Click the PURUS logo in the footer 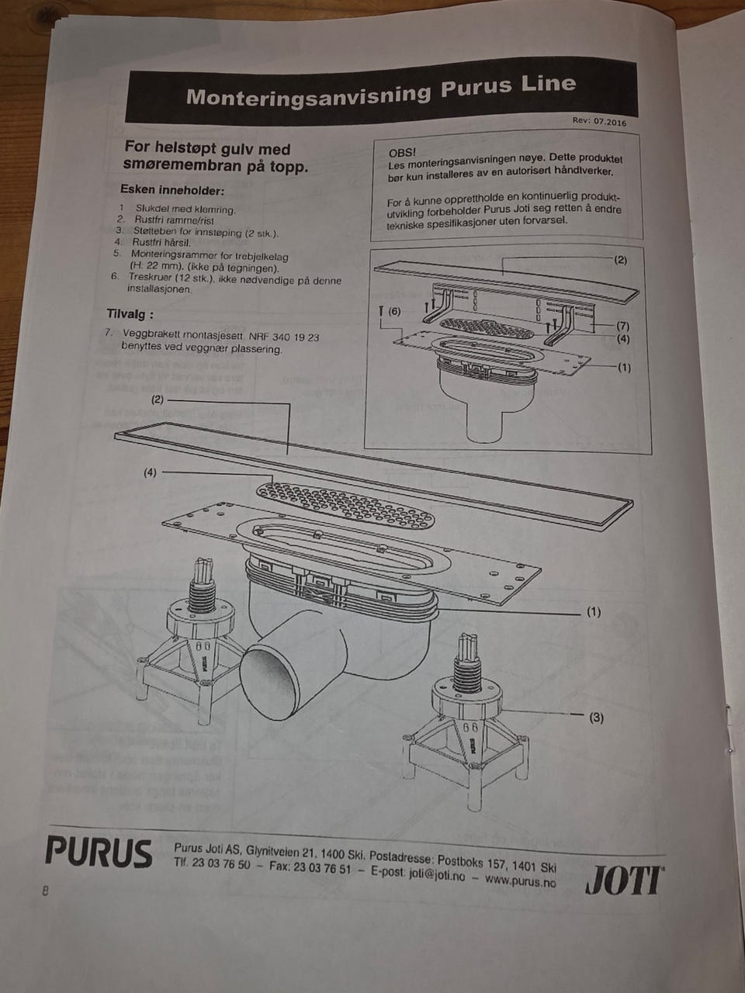[x=99, y=851]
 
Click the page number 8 [x=45, y=891]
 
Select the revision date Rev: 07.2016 [x=599, y=122]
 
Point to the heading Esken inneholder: [x=172, y=190]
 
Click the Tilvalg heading [x=130, y=313]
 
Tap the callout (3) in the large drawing [x=596, y=718]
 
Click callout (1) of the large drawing [x=594, y=612]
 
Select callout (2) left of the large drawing [x=158, y=400]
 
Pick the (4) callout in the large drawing [x=150, y=472]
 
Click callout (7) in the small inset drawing [x=623, y=326]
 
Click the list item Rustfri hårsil [x=155, y=241]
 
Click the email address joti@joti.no [x=437, y=876]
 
